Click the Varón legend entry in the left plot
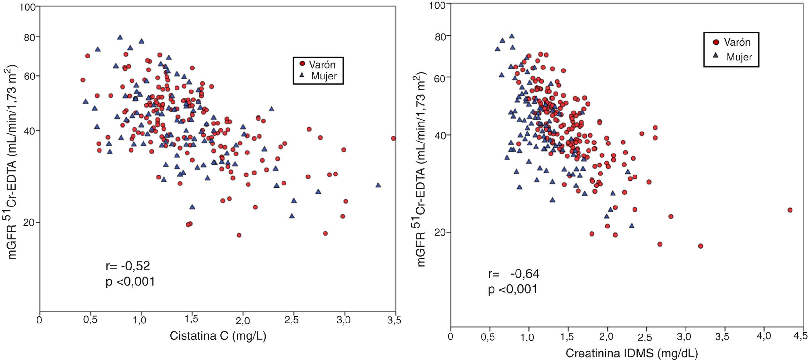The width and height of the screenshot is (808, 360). [x=318, y=65]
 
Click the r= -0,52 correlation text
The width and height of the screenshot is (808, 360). [x=128, y=266]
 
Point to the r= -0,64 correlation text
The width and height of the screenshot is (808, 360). [x=514, y=274]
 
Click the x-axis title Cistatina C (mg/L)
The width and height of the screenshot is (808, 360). [x=218, y=336]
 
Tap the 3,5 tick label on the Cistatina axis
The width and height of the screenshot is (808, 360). [x=394, y=320]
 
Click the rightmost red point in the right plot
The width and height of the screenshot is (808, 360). [x=790, y=210]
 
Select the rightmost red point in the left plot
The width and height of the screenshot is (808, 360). [x=393, y=138]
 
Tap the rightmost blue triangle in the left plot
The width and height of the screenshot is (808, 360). [x=378, y=185]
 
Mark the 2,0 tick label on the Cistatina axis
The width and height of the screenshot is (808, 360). [x=242, y=320]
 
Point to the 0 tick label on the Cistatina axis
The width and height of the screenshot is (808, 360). [x=39, y=320]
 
